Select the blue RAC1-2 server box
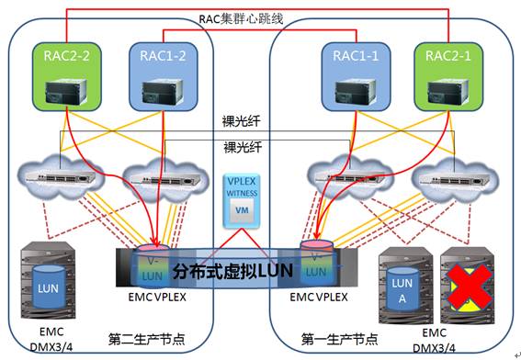152,75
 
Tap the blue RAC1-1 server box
357,75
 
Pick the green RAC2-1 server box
449,75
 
